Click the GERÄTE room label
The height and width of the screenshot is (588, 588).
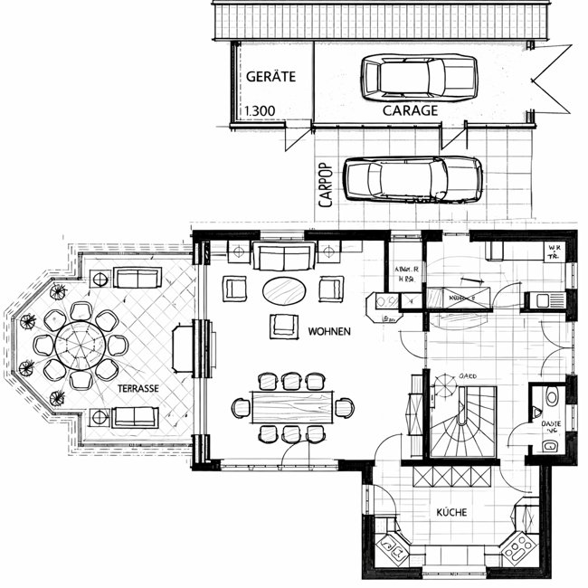coord(270,77)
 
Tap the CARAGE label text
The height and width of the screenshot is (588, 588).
coord(411,110)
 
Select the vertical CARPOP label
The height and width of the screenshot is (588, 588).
coord(326,185)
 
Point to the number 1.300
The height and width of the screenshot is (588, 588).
coord(260,112)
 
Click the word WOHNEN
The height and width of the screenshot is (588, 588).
coord(329,331)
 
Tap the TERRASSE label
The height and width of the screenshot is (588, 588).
coord(138,388)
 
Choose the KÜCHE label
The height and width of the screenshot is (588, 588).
coord(451,513)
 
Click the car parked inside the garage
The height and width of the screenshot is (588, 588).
coord(418,76)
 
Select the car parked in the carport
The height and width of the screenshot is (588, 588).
coord(413,178)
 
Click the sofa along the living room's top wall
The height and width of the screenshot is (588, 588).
coord(283,256)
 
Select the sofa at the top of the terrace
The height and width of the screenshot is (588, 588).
coord(135,277)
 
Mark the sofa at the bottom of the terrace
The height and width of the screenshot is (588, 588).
coord(135,417)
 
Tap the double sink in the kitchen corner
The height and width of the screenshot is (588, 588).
coord(394,547)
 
